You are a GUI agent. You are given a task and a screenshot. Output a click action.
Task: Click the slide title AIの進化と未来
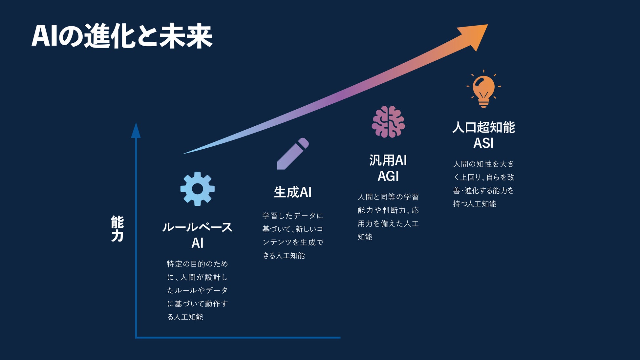pyautogui.click(x=122, y=36)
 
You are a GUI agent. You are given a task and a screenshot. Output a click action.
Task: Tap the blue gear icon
pyautogui.click(x=198, y=189)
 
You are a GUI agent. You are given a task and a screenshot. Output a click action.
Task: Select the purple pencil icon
pyautogui.click(x=293, y=154)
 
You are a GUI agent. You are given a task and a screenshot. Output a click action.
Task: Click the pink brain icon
pyautogui.click(x=388, y=122)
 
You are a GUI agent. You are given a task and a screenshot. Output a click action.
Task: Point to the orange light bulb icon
pyautogui.click(x=483, y=89)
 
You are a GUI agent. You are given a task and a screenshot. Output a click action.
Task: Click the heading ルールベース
pyautogui.click(x=197, y=227)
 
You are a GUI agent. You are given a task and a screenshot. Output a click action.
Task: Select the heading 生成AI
pyautogui.click(x=293, y=192)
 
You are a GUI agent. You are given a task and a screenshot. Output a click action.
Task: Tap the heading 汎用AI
pyautogui.click(x=388, y=160)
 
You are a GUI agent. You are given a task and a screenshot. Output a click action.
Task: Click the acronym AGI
pyautogui.click(x=388, y=176)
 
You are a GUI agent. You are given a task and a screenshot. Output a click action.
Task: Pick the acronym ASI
pyautogui.click(x=483, y=143)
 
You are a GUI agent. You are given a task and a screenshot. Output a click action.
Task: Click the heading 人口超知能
pyautogui.click(x=483, y=127)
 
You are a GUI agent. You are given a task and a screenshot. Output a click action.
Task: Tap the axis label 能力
pyautogui.click(x=117, y=229)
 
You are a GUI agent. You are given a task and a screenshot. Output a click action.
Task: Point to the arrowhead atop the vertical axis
pyautogui.click(x=136, y=131)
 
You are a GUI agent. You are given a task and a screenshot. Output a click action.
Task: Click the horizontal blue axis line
pyautogui.click(x=238, y=337)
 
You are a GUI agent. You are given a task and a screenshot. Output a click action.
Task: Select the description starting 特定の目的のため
pyautogui.click(x=197, y=290)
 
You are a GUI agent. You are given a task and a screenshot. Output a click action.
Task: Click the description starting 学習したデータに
pyautogui.click(x=293, y=236)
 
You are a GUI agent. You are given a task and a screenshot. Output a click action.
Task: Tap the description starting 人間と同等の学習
pyautogui.click(x=388, y=217)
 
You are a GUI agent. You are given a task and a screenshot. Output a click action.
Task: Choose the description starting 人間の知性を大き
pyautogui.click(x=483, y=184)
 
